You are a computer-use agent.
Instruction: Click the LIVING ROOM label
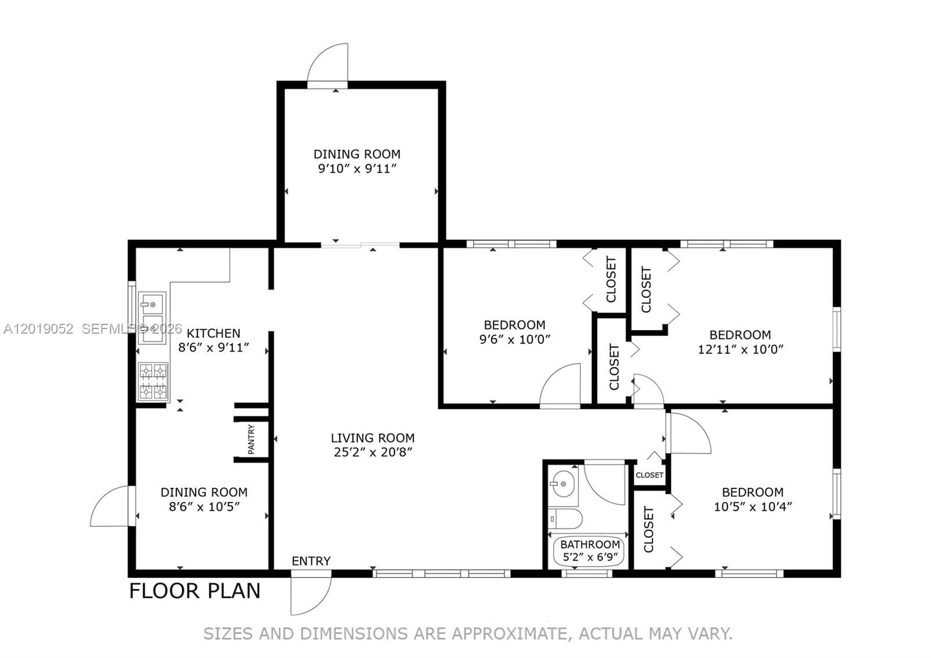(372, 438)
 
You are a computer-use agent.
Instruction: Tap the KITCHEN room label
(213, 333)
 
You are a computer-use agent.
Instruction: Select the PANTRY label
(251, 439)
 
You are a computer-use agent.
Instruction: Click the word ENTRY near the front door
(311, 561)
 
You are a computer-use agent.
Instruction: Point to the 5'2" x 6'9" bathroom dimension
(590, 557)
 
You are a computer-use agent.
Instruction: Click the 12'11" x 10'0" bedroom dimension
(740, 349)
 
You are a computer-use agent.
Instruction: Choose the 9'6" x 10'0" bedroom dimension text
(514, 339)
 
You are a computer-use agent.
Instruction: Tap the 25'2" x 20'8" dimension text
(373, 452)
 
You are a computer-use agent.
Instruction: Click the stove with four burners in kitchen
(153, 381)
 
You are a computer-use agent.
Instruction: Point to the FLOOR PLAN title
(194, 591)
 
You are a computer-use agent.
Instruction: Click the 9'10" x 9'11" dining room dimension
(357, 169)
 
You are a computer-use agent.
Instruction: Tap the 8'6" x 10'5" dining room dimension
(204, 507)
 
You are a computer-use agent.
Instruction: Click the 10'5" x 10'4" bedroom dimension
(753, 507)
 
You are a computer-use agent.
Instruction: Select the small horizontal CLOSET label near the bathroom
(649, 475)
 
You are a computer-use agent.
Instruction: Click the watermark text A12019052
(38, 329)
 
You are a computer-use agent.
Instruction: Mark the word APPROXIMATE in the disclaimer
(510, 634)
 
